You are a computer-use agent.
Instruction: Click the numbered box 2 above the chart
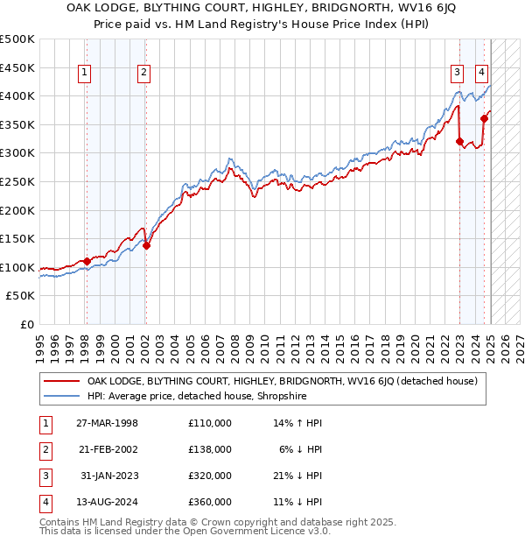point(143,74)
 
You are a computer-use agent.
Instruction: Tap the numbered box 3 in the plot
point(458,74)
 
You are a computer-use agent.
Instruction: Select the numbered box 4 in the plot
point(482,74)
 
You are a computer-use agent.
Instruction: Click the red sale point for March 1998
point(87,261)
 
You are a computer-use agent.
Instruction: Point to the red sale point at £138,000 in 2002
point(146,245)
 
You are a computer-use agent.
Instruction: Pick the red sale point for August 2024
point(483,118)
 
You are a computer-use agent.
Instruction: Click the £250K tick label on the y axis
point(18,181)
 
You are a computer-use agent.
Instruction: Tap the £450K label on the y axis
point(18,67)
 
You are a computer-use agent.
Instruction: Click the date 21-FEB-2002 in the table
point(107,448)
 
